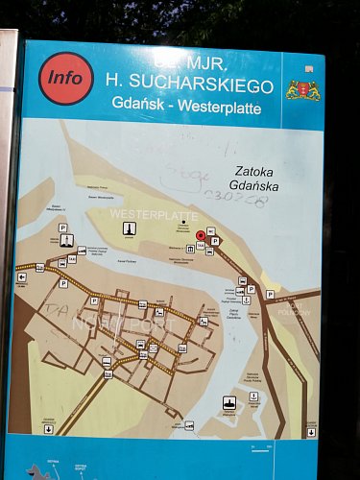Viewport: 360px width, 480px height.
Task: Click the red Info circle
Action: coord(66,78)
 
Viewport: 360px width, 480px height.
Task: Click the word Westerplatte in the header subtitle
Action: coord(223,108)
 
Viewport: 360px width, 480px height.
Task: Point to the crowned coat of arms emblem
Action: coord(303,91)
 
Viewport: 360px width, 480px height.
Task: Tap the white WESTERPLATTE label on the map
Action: coord(143,211)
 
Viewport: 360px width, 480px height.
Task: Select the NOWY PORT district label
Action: coord(120,324)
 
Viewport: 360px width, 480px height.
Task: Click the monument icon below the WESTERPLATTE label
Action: coord(128,228)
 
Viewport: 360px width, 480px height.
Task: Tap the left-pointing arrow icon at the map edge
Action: coord(21,277)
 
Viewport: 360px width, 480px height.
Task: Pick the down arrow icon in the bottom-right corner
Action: coord(311,432)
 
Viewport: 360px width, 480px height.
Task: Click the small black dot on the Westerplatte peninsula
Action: coord(182,224)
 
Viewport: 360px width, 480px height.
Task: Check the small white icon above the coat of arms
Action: coord(308,69)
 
